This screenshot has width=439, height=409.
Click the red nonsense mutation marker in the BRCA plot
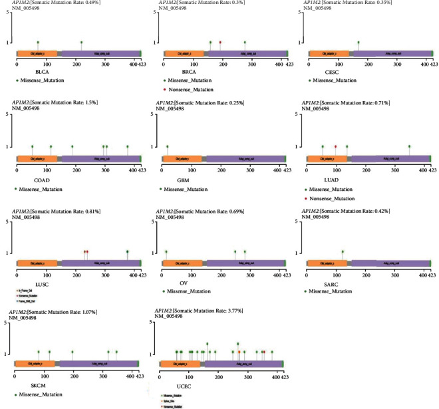point(220,43)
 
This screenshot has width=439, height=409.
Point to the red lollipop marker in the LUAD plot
point(335,146)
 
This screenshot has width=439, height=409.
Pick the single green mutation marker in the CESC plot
point(358,43)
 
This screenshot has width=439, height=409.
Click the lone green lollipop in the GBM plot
point(167,146)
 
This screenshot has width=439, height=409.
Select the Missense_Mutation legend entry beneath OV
point(193,291)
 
